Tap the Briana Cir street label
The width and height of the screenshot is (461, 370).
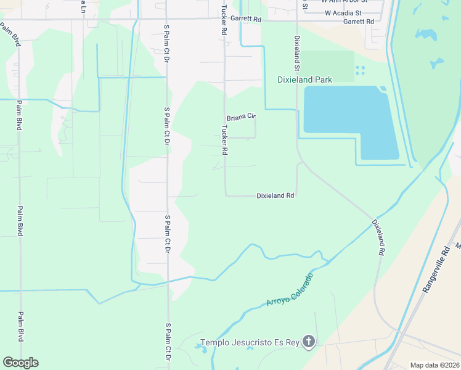(x=240, y=117)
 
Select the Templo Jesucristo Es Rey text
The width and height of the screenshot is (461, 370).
(x=250, y=342)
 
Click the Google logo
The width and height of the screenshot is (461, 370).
(x=20, y=363)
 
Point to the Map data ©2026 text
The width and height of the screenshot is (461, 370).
(x=434, y=365)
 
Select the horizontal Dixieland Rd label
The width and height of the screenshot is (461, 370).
(x=275, y=195)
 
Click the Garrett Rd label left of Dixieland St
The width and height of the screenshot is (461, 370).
(x=246, y=19)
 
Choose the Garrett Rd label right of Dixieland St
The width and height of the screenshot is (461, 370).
(x=358, y=21)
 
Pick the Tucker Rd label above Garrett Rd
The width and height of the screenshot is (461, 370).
(x=224, y=7)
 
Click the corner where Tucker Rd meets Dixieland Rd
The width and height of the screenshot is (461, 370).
(x=225, y=195)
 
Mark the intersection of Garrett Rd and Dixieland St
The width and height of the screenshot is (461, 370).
(x=297, y=20)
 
